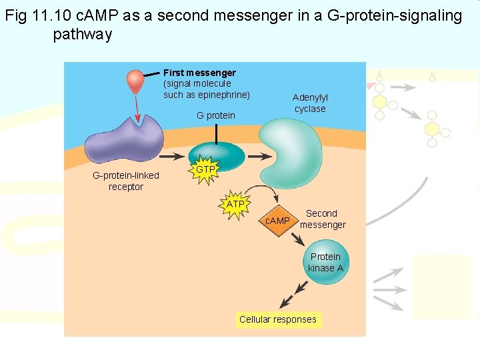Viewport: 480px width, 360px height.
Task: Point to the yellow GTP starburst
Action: [205, 171]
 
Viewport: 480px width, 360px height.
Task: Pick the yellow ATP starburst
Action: [235, 204]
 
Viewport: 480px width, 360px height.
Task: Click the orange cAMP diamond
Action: [277, 221]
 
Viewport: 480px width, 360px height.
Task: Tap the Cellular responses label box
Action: [278, 319]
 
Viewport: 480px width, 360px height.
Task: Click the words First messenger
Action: [199, 72]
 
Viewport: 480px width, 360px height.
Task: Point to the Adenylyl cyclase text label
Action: [310, 103]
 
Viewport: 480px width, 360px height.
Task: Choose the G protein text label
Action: [215, 115]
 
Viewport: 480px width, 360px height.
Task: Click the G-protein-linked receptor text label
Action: [125, 181]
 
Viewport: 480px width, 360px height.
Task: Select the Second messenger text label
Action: [322, 219]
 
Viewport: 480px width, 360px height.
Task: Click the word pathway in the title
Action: [83, 35]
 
